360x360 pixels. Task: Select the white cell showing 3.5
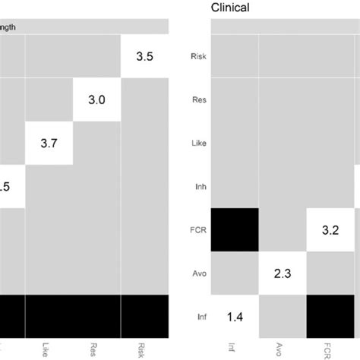[144, 55]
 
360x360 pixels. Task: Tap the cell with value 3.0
[96, 99]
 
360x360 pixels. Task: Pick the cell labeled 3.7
[49, 142]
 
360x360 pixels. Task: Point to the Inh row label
[199, 185]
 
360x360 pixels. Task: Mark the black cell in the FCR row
[235, 229]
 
